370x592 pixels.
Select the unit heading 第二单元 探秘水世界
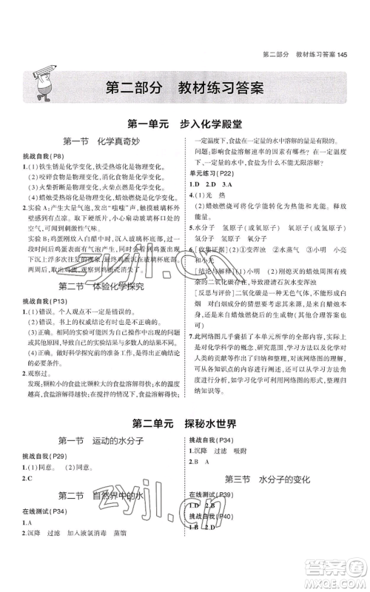[184, 424]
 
